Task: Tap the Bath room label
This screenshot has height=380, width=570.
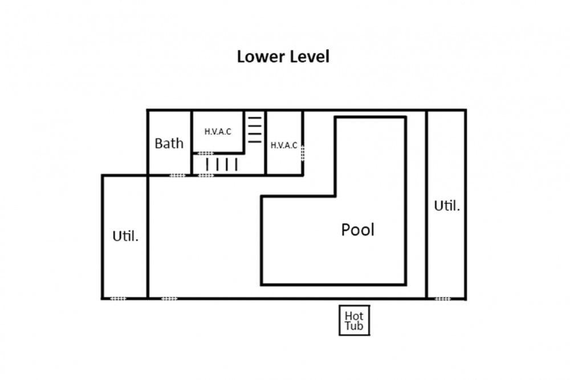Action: tap(169, 144)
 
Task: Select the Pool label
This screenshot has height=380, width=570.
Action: tap(358, 230)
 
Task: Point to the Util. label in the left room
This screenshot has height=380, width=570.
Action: tap(125, 236)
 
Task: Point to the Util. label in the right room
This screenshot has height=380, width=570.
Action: tap(447, 206)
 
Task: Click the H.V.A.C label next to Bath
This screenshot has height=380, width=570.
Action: tap(218, 132)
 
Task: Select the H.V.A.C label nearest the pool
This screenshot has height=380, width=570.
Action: tap(284, 145)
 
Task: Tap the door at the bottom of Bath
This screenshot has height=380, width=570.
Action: tap(177, 175)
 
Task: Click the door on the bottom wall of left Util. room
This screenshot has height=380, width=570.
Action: tap(118, 299)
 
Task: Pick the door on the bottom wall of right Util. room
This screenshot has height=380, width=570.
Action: tap(442, 299)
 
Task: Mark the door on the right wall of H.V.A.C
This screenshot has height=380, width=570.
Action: tap(303, 153)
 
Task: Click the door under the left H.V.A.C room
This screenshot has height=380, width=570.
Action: tap(205, 153)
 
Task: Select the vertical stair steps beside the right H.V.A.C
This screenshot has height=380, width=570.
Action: tap(254, 130)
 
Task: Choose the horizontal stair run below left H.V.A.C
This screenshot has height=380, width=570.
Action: tap(222, 164)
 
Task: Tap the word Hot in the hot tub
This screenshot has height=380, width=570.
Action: tap(354, 316)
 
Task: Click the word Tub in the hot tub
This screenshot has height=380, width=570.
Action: tap(354, 325)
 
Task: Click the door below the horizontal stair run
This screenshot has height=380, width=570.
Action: tap(206, 175)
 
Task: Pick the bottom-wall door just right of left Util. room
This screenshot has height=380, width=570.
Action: tap(169, 299)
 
